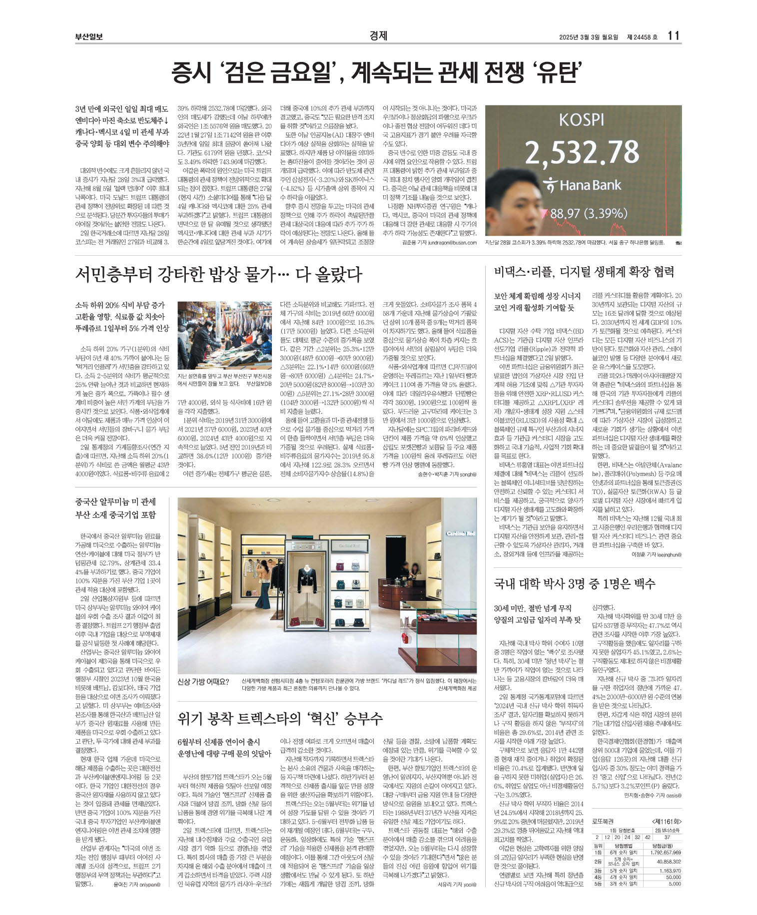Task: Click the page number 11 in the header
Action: [673, 36]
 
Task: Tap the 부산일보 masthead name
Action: [89, 36]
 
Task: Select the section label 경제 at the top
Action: [378, 36]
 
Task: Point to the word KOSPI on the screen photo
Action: [581, 120]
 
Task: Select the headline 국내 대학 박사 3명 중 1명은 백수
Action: [575, 583]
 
